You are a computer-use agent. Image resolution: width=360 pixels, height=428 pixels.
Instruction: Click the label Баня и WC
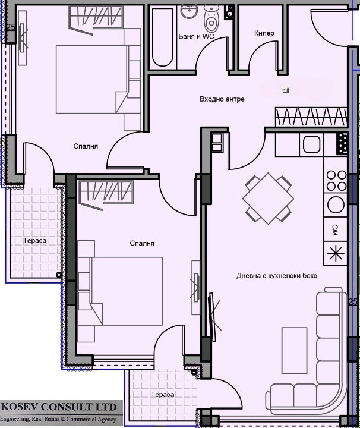coord(196,37)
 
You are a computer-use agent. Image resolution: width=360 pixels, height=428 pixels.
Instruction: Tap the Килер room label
coord(264,33)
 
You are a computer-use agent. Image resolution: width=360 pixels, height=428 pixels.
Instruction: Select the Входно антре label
coord(222,99)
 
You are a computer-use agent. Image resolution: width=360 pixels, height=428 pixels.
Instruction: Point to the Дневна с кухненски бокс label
coord(277,276)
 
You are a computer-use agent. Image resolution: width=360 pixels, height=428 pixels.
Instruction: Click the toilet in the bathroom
coord(211,18)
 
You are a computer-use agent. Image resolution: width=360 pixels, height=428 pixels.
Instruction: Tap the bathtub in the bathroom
coord(163,37)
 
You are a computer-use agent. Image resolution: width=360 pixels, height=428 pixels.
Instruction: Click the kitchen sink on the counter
coord(311,144)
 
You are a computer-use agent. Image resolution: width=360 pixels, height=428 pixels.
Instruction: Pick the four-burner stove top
coord(336,181)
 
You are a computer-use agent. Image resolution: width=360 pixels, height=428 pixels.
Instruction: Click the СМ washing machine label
coord(335,229)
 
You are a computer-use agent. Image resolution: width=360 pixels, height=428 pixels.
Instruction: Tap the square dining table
coord(269,199)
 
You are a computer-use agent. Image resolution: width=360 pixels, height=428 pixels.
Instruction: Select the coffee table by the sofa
coord(294,350)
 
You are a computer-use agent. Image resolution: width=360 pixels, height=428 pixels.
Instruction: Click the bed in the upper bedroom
coord(91,79)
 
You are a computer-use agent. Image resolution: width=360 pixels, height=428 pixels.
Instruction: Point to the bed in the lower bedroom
coord(127,291)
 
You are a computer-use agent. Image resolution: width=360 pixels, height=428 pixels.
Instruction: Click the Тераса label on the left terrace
coord(34,241)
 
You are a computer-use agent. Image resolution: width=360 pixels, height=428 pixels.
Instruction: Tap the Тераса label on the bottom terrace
coord(162,395)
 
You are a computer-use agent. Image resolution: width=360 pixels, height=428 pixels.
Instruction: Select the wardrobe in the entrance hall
coord(311,117)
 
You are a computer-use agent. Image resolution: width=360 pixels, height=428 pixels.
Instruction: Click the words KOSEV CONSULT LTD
coord(59,407)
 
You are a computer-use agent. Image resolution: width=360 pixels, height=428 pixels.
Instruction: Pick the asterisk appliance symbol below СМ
coord(336,253)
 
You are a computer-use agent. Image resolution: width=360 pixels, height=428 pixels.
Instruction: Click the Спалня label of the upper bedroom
coord(86,146)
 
